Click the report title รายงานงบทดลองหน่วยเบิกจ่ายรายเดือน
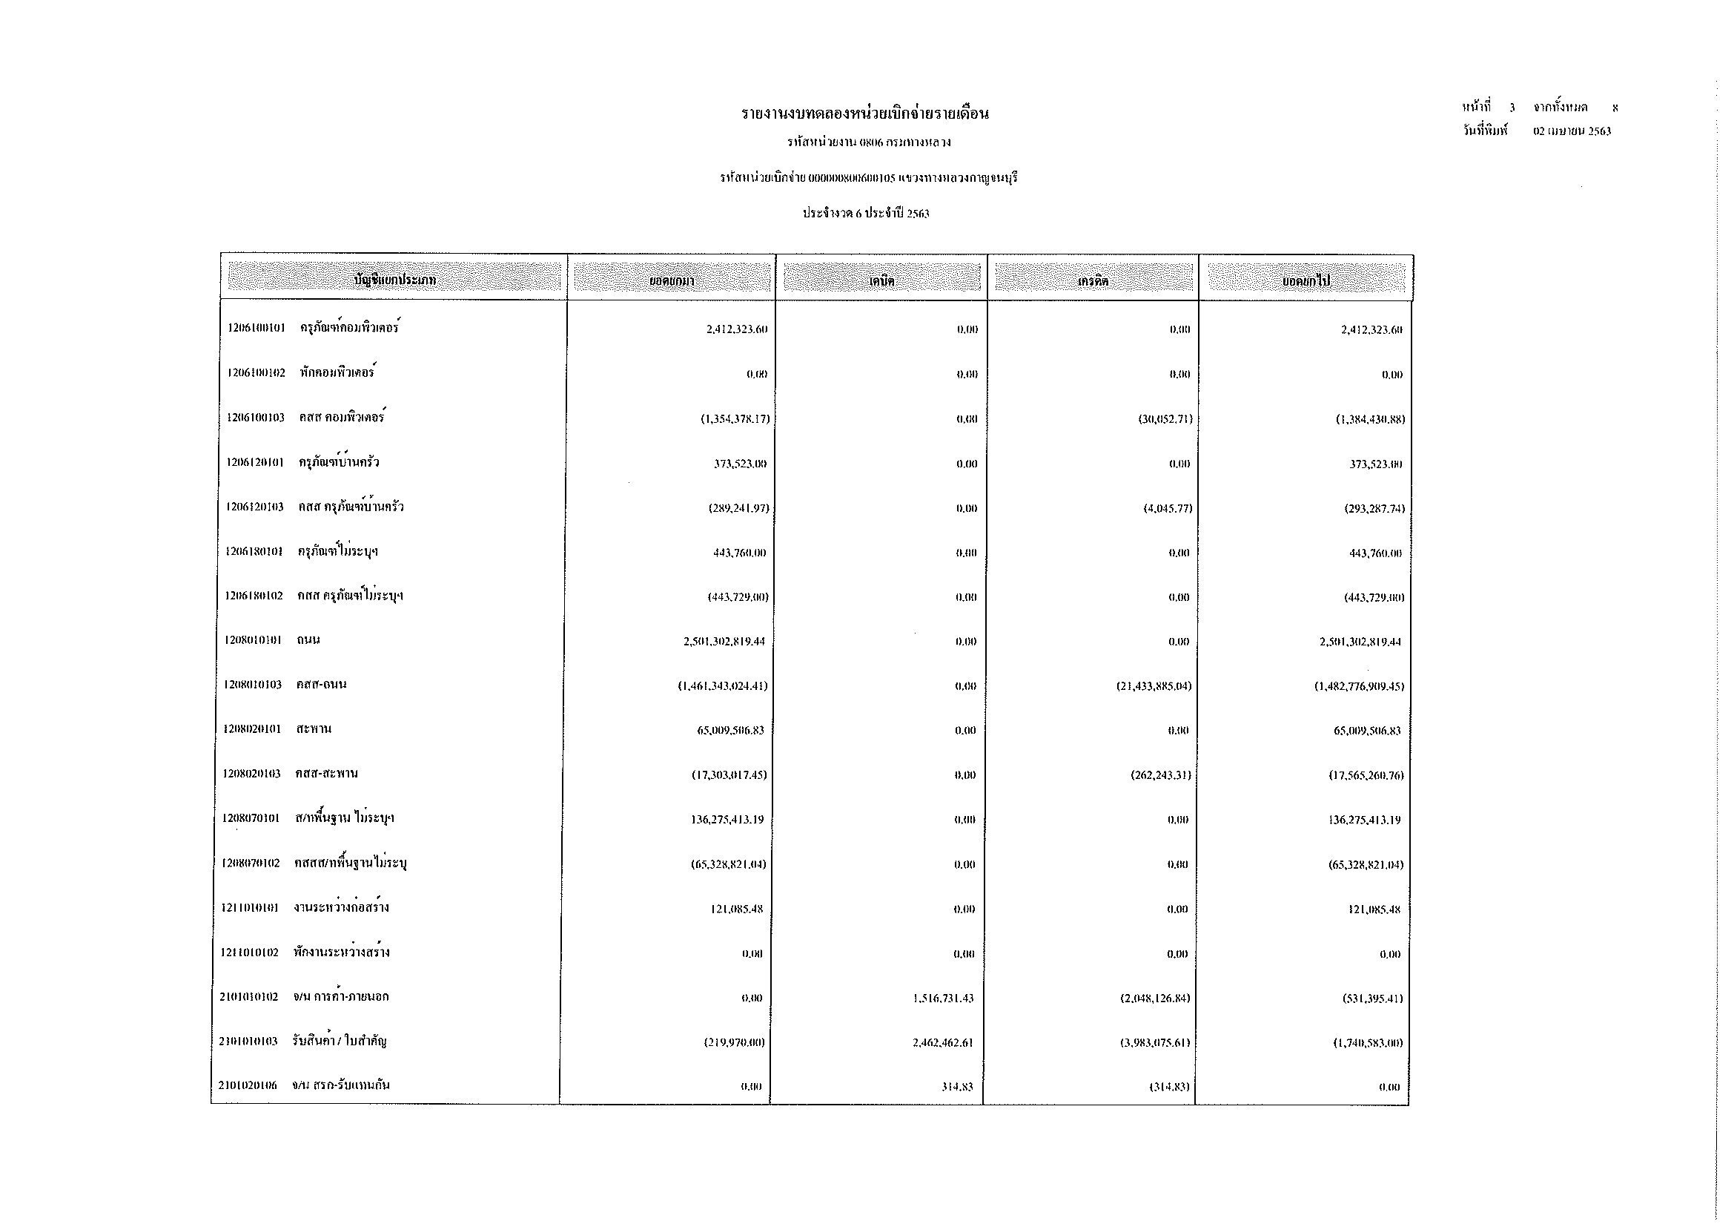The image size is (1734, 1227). [x=864, y=114]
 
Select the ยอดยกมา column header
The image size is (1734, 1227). [x=672, y=281]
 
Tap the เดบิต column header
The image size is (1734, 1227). [x=881, y=281]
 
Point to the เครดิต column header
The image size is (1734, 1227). [x=1093, y=281]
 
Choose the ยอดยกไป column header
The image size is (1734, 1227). [x=1306, y=281]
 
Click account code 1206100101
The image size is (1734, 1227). [x=257, y=329]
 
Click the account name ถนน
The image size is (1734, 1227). [x=308, y=641]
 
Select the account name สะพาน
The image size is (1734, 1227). [x=314, y=730]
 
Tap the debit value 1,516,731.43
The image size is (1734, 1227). [x=942, y=999]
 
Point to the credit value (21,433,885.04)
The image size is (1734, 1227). [x=1154, y=687]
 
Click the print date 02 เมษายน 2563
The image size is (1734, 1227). [x=1572, y=131]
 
